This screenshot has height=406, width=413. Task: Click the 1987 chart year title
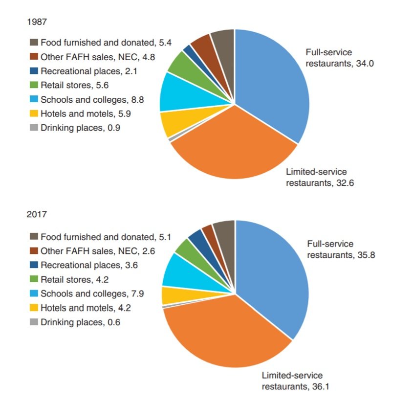pos(38,22)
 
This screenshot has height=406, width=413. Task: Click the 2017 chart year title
pos(38,214)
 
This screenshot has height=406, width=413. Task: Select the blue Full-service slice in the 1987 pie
pos(274,83)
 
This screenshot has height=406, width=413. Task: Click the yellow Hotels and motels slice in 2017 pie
pos(172,295)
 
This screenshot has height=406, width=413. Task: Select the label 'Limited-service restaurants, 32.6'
pos(316,178)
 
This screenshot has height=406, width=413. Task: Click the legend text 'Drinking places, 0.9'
pos(80,129)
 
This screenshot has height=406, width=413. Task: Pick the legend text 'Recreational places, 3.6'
pos(87,266)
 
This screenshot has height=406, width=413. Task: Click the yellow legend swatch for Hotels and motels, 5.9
pos(34,114)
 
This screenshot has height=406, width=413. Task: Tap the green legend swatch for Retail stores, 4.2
pos(34,280)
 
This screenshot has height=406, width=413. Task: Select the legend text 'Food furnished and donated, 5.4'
pos(106,43)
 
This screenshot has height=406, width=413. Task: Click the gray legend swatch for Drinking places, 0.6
pos(34,322)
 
